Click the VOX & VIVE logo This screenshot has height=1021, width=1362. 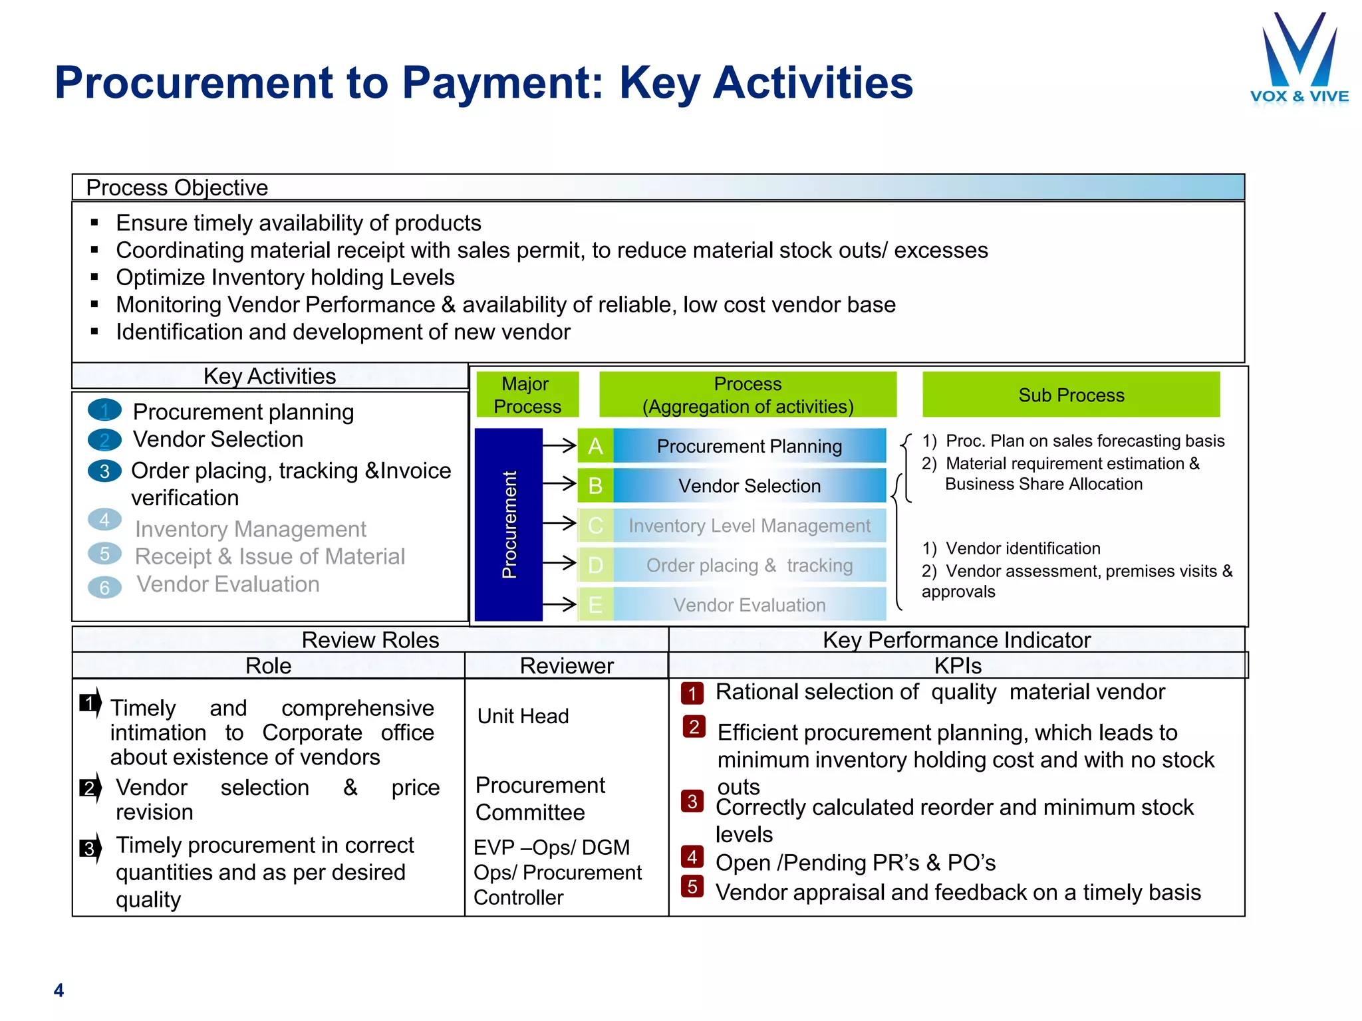point(1299,60)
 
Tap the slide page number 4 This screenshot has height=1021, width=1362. point(59,990)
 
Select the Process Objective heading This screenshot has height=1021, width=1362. point(177,188)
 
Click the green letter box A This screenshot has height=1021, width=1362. point(595,446)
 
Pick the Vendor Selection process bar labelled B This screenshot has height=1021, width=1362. point(749,486)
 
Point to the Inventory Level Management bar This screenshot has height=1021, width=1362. point(749,526)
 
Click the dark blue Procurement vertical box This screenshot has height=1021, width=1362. point(509,524)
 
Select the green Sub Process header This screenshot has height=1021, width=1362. point(1071,395)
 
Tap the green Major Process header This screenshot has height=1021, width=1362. point(527,395)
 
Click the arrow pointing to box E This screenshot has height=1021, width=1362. point(559,604)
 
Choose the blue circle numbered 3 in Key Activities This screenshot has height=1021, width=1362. point(104,471)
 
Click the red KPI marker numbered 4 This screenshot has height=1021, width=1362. point(692,857)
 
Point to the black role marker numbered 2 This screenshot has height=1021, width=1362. point(89,788)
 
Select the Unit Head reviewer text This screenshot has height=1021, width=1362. point(523,716)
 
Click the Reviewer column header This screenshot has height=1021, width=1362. point(567,665)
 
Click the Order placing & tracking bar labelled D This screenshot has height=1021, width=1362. point(749,566)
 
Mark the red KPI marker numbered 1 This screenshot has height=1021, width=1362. point(692,693)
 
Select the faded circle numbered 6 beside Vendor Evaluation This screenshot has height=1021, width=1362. point(104,588)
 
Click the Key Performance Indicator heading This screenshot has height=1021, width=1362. point(956,639)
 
